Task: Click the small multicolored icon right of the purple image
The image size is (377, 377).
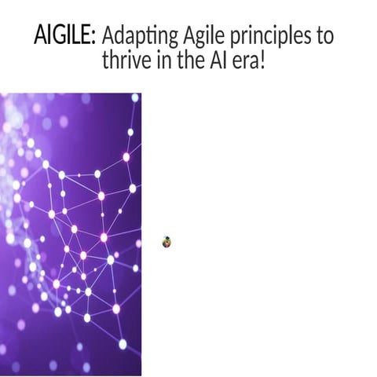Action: click(167, 242)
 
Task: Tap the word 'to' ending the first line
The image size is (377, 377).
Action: click(324, 36)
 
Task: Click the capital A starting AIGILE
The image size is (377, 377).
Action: click(39, 36)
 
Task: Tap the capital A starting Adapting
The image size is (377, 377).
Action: click(109, 36)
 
